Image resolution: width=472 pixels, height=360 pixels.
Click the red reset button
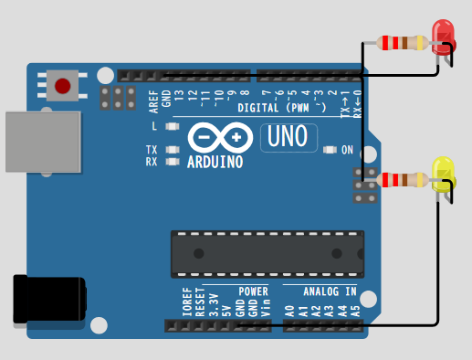pos(63,86)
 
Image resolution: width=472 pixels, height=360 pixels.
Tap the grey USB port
pos(43,142)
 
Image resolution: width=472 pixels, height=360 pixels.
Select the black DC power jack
pos(49,299)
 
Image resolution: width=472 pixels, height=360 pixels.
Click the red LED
pos(444,37)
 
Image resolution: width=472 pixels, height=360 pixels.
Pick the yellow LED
pos(444,175)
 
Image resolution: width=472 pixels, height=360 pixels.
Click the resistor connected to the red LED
pos(403,43)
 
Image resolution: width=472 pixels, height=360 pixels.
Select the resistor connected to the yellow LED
pos(403,180)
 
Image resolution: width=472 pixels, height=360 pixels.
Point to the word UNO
pos(288,136)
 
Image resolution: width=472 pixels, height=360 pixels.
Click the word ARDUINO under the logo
pos(215,162)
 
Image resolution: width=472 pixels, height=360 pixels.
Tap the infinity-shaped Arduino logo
pos(220,138)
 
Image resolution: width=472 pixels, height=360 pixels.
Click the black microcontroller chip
pos(267,254)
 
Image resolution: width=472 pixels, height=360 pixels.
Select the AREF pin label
pos(154,101)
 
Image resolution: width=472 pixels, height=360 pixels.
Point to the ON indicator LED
pos(330,150)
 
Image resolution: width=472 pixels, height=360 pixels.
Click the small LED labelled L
pos(173,126)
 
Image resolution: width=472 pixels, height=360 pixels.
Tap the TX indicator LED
pos(173,150)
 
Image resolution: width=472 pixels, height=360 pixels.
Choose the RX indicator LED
pos(173,162)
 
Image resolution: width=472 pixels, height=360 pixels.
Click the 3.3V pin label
pos(214,305)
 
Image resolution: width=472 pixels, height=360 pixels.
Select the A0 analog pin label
pos(290,312)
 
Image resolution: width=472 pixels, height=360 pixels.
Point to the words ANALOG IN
pos(330,291)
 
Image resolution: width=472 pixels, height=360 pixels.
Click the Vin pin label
pos(266,308)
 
